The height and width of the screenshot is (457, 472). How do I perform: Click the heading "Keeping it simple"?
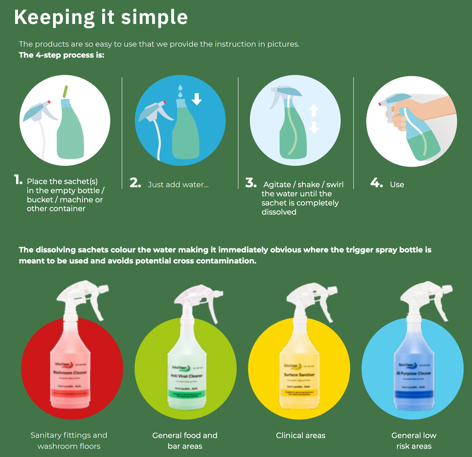101,17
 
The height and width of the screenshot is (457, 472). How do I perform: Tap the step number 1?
18,180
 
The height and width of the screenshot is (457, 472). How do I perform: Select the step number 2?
135,183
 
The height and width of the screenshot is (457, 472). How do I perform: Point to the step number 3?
251,183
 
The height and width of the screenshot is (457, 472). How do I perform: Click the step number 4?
377,183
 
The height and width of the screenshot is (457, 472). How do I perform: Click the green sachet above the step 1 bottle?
65,92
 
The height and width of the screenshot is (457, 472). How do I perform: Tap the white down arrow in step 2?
197,99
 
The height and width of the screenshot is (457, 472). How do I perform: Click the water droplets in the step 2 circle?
180,91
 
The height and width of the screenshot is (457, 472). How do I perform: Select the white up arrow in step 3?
314,111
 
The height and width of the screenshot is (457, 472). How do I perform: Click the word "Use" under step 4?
397,185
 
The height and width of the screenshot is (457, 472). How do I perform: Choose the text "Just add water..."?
178,185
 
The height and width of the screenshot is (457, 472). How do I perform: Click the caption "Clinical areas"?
301,436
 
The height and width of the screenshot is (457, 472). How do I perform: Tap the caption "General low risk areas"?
414,441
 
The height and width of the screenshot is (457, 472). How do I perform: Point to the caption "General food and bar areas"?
185,441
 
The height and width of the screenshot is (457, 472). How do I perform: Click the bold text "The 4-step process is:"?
61,55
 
